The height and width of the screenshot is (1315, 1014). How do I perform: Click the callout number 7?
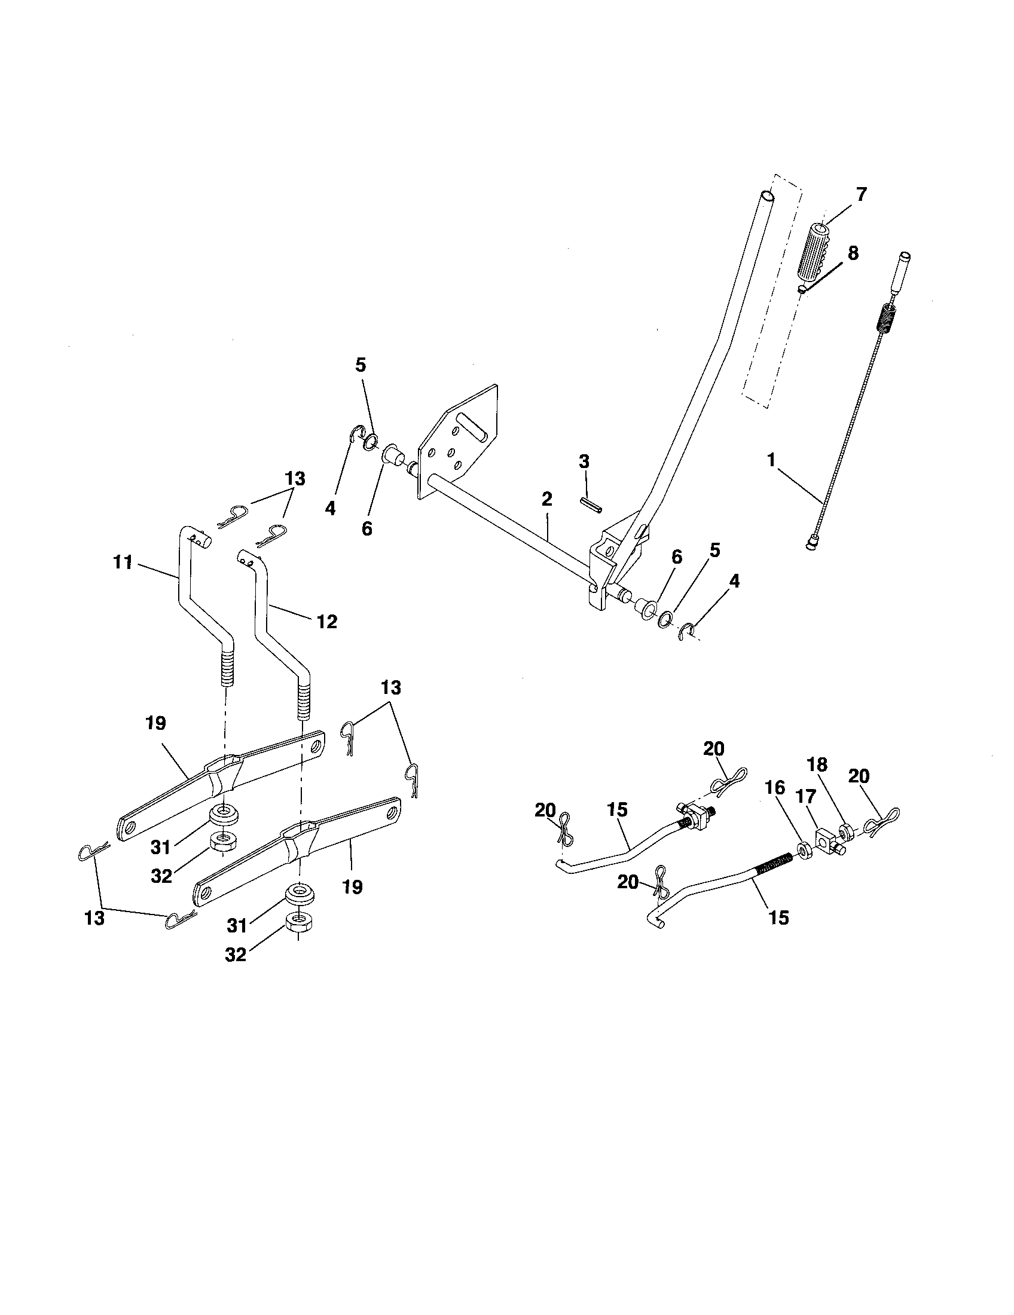[861, 195]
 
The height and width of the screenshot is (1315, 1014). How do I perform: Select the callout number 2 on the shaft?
[546, 499]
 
